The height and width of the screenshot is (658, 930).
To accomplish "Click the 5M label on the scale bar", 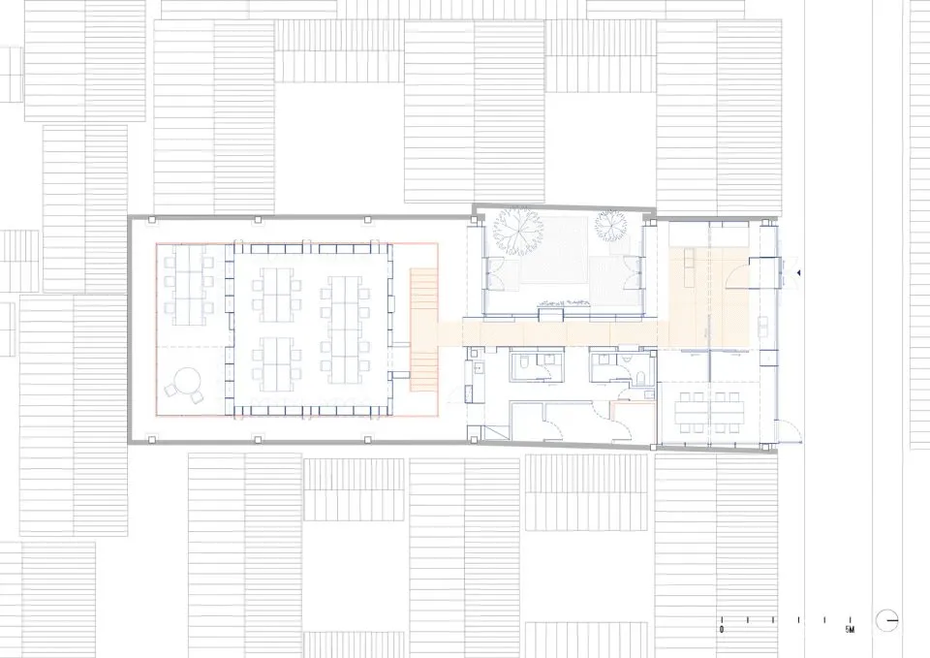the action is tap(850, 630).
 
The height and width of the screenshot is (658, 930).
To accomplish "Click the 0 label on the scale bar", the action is tap(722, 630).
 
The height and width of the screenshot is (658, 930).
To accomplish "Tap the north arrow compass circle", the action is tap(887, 620).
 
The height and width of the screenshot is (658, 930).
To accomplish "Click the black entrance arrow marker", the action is tap(799, 273).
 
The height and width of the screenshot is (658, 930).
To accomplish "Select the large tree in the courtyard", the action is tap(519, 231).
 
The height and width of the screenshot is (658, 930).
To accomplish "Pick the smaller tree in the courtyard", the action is tap(611, 225).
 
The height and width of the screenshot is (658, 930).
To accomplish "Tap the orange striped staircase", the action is tap(424, 329).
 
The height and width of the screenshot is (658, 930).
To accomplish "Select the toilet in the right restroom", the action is tap(640, 378).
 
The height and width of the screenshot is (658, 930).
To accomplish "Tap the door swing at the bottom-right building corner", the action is tap(790, 430).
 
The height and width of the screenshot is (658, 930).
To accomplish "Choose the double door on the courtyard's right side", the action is tap(631, 272).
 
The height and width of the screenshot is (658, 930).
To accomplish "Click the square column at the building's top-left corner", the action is tap(152, 220).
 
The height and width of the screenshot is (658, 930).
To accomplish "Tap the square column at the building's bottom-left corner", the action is tap(152, 440).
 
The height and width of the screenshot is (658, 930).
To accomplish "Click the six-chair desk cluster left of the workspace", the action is tap(189, 286).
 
